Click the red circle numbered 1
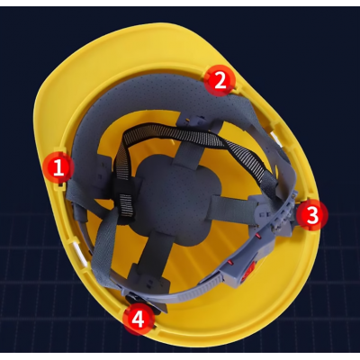click(58, 167)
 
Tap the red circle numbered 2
click(220, 80)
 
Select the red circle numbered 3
click(312, 215)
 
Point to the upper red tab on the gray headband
click(258, 238)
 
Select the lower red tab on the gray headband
click(231, 263)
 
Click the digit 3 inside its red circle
click(312, 215)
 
